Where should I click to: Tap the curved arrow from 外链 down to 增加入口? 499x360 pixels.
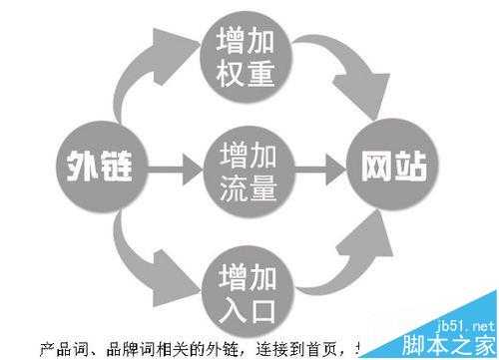[x=140, y=254]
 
